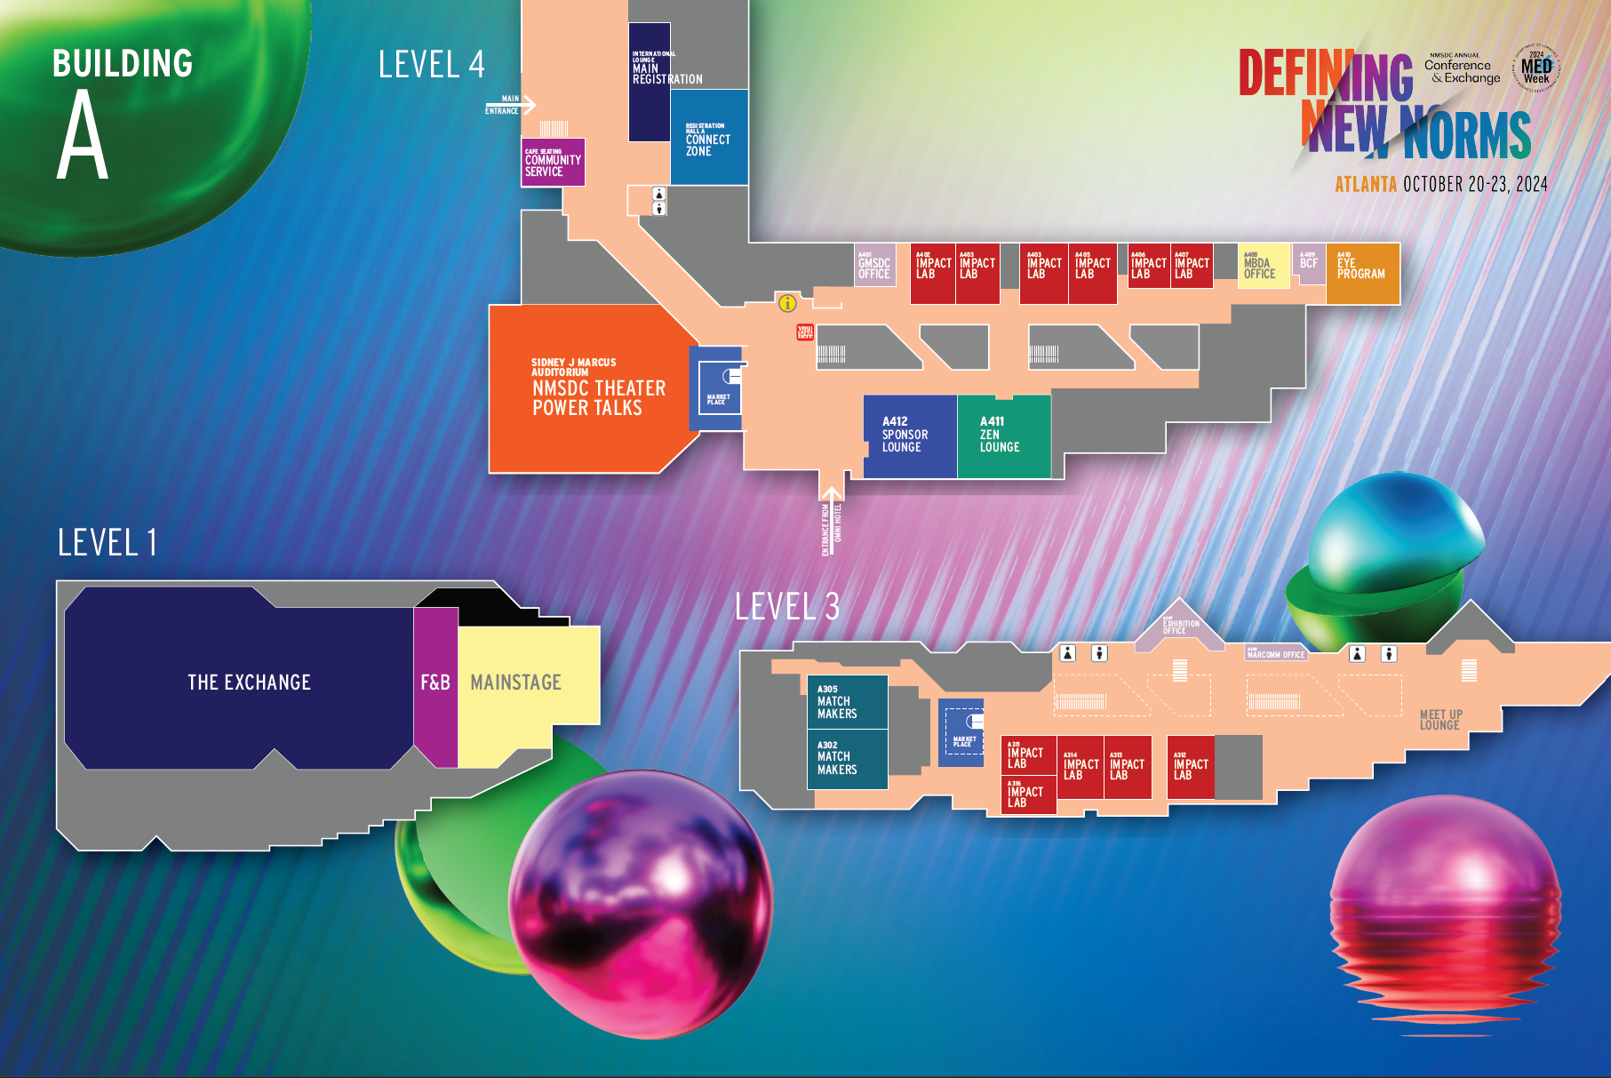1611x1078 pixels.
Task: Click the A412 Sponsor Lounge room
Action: (909, 436)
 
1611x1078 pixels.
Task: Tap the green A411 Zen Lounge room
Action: (1003, 436)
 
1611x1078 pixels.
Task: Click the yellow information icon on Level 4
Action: (787, 304)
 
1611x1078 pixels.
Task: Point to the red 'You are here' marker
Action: (805, 332)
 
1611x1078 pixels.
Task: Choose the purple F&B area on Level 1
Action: (435, 683)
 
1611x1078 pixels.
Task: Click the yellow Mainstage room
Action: (516, 683)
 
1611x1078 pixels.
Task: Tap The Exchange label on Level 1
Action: (249, 683)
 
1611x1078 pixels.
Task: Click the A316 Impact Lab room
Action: (1028, 795)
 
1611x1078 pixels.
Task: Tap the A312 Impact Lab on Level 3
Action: (1191, 767)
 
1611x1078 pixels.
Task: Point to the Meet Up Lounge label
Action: (1440, 720)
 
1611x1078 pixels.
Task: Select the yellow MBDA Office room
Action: (1263, 267)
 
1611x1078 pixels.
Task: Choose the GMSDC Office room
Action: (874, 266)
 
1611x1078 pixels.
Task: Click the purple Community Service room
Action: (553, 163)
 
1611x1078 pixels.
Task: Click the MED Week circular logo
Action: (1535, 68)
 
